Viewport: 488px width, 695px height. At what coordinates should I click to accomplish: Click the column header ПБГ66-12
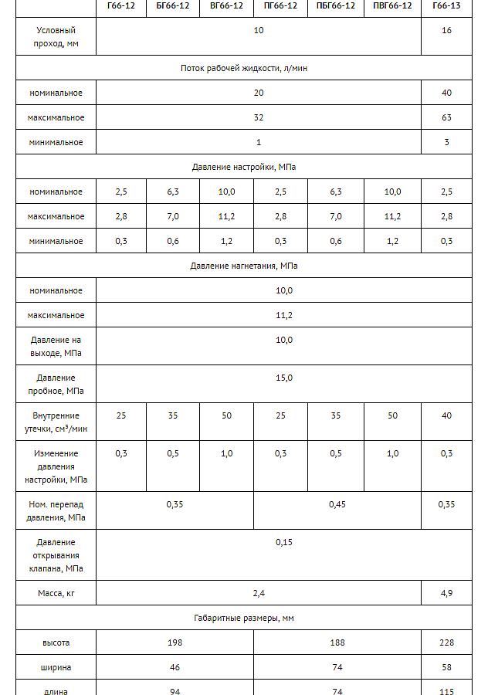[x=335, y=5]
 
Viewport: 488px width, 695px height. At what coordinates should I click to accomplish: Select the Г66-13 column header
[x=446, y=5]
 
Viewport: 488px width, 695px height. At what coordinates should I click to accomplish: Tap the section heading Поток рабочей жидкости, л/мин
[x=244, y=68]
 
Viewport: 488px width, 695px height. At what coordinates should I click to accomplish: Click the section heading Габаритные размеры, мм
[x=244, y=618]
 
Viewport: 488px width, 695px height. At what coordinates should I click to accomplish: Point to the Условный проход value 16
[x=446, y=30]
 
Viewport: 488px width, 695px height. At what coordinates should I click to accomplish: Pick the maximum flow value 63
[x=446, y=117]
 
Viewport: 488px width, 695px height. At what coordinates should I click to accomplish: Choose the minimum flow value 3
[x=446, y=142]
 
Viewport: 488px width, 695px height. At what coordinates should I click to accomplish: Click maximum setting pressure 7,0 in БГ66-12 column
[x=173, y=216]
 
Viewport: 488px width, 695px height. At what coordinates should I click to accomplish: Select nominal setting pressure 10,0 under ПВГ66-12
[x=392, y=192]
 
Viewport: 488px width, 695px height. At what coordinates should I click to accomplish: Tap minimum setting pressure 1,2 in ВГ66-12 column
[x=226, y=241]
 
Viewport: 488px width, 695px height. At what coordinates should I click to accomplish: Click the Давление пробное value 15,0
[x=284, y=378]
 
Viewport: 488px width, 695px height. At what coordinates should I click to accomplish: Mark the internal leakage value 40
[x=446, y=415]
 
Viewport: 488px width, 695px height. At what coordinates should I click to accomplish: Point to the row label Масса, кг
[x=56, y=593]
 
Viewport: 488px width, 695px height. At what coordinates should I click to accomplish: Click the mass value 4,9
[x=446, y=593]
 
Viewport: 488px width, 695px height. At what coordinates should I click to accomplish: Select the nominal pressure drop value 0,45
[x=337, y=504]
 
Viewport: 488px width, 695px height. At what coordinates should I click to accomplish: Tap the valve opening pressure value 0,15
[x=284, y=542]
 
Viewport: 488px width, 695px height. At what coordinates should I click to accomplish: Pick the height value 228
[x=446, y=642]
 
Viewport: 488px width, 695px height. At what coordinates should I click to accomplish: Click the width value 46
[x=175, y=667]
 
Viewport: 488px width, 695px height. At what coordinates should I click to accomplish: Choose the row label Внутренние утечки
[x=56, y=422]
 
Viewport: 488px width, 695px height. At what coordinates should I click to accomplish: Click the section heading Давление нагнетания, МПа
[x=244, y=266]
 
